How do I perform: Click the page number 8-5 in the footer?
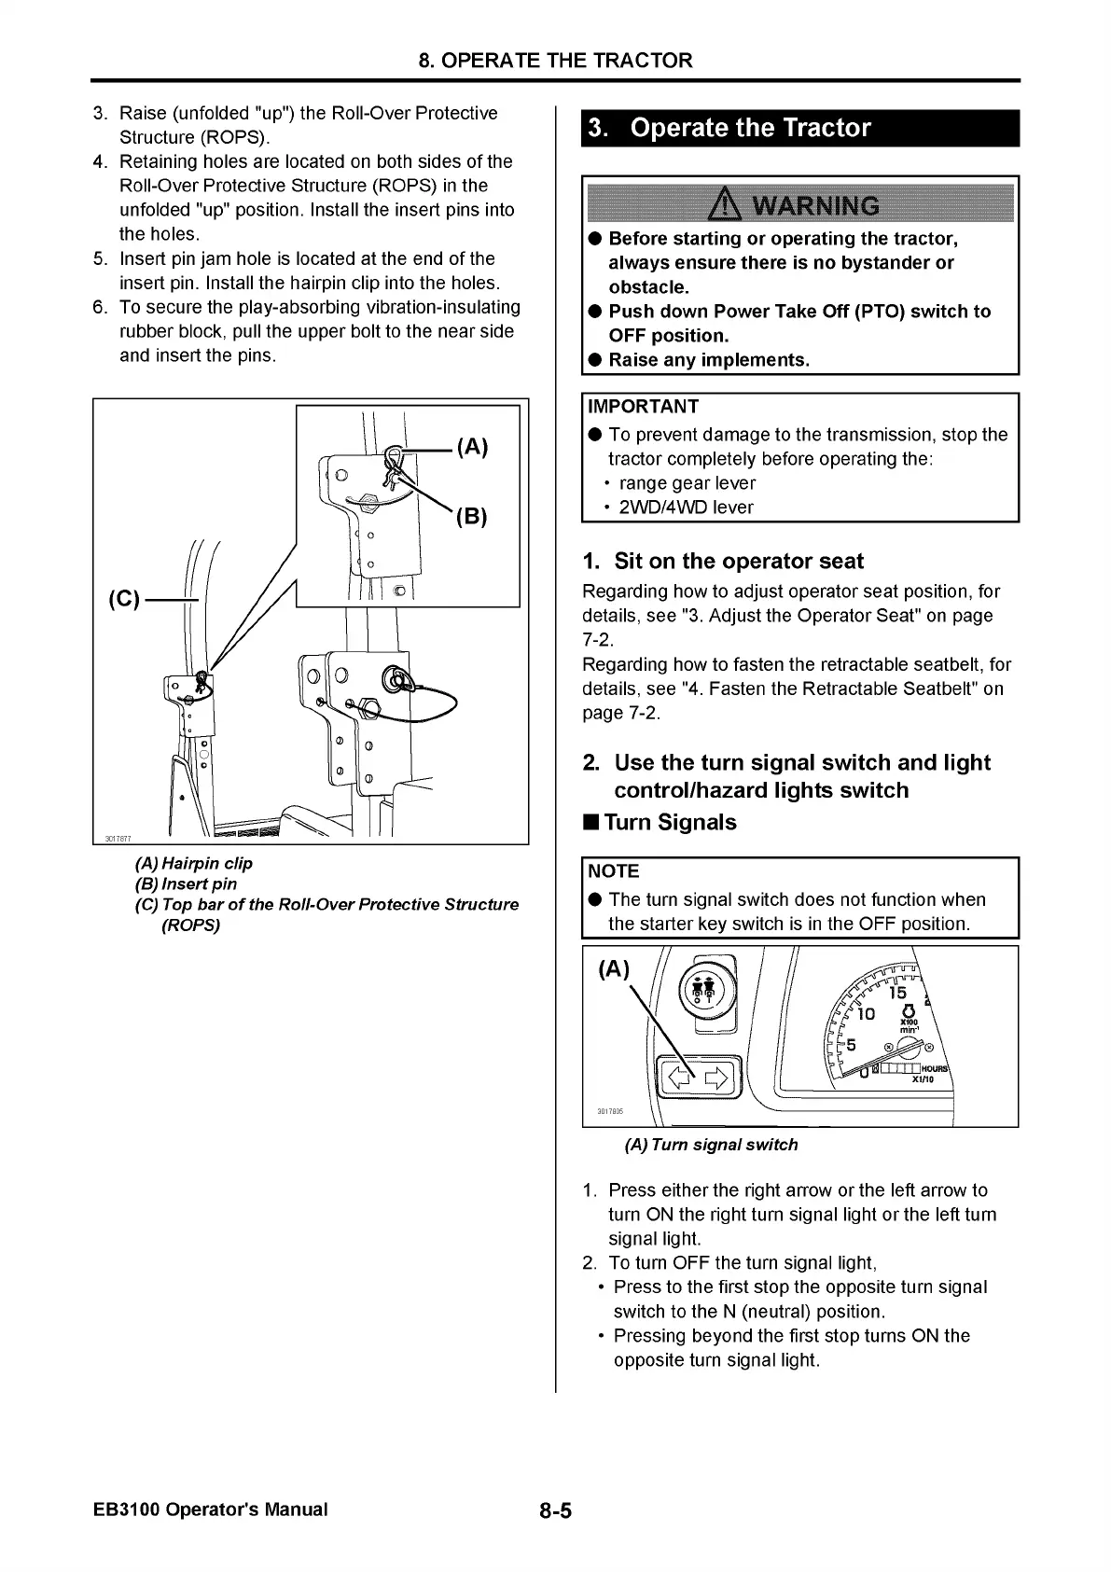click(x=554, y=1510)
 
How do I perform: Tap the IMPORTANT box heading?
click(x=643, y=407)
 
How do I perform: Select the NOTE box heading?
click(x=614, y=871)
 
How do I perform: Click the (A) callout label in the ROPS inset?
click(x=472, y=447)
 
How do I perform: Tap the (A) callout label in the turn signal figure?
click(x=613, y=969)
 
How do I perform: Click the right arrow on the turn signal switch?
click(x=716, y=1080)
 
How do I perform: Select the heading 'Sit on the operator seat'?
click(x=723, y=561)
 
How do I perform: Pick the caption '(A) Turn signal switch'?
click(x=711, y=1145)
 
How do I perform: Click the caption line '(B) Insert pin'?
click(x=187, y=883)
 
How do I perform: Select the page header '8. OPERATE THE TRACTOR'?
click(x=555, y=61)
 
